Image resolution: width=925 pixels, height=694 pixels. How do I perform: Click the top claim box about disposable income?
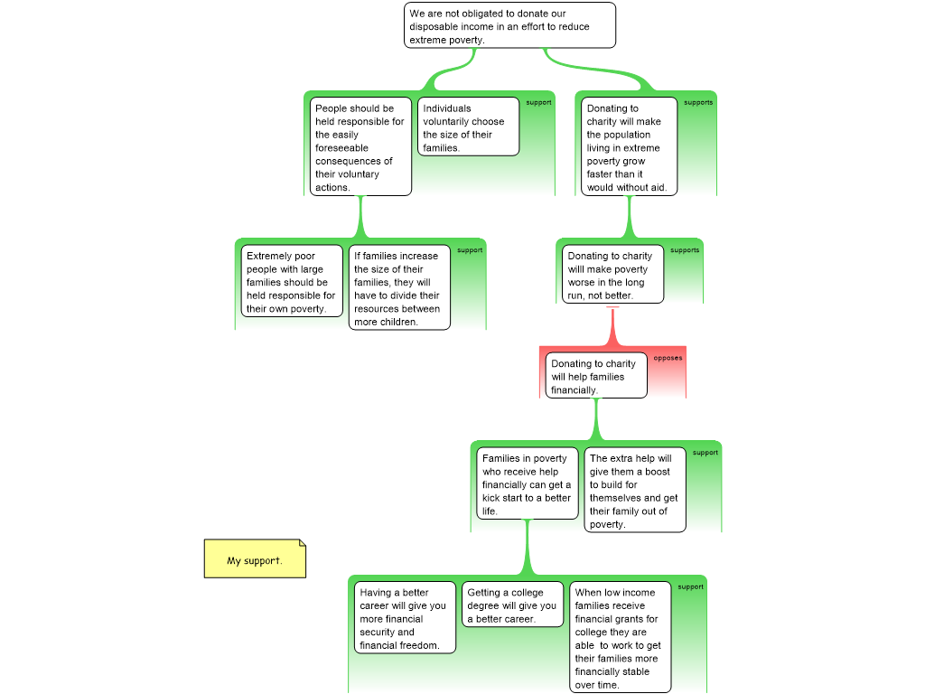(509, 25)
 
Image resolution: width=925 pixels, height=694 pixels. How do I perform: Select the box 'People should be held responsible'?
(360, 146)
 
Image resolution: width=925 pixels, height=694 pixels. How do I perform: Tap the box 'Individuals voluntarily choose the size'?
(469, 127)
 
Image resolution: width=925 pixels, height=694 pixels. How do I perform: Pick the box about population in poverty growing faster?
(629, 146)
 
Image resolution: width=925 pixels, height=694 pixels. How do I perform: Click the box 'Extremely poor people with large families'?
(292, 281)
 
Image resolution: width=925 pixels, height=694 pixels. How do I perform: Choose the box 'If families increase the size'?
(399, 287)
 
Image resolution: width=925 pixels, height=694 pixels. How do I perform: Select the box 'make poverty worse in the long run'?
(613, 275)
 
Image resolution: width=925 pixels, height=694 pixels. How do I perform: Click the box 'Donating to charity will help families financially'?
(596, 375)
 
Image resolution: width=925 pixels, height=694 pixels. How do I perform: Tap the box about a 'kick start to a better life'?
(528, 483)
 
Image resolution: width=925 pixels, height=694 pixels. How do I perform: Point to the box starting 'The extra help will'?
(635, 490)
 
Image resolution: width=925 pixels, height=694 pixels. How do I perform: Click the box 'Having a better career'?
(405, 617)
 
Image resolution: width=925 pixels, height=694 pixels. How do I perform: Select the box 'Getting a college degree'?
(513, 605)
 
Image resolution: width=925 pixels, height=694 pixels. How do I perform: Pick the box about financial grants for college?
(620, 637)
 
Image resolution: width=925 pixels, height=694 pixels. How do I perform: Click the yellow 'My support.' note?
(255, 558)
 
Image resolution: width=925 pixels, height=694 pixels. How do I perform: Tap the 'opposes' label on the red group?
(668, 358)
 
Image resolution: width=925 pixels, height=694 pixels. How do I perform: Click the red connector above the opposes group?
(613, 327)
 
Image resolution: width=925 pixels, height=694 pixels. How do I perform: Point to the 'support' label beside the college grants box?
(691, 586)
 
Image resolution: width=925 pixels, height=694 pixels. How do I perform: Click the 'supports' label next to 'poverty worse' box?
(685, 249)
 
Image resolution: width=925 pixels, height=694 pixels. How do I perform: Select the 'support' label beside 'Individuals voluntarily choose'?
(538, 102)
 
